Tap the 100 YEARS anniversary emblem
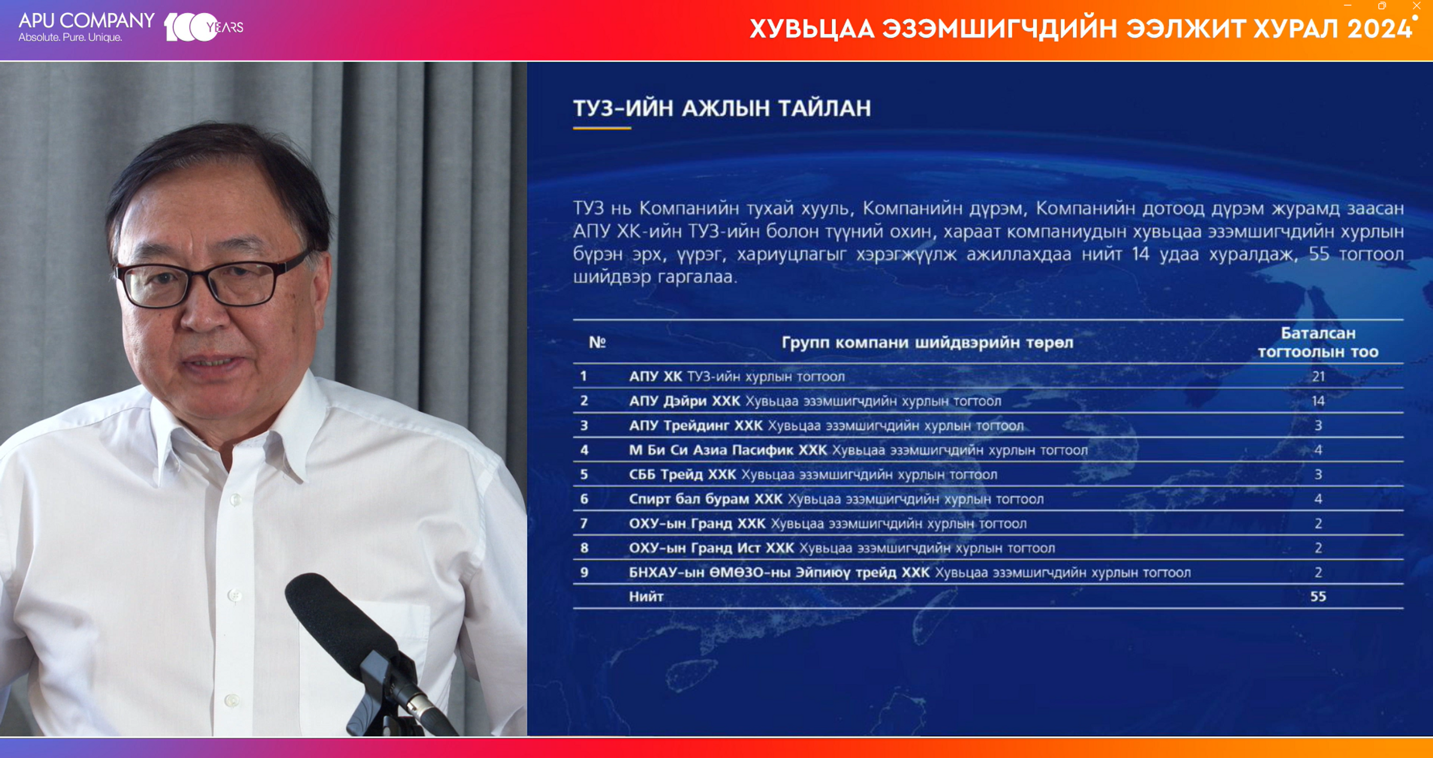click(x=203, y=27)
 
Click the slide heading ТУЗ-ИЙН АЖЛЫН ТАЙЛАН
click(x=722, y=108)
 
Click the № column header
click(x=597, y=342)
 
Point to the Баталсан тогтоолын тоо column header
click(x=1318, y=342)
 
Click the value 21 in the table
click(x=1318, y=376)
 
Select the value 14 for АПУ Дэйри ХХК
click(x=1318, y=401)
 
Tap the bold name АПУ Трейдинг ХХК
click(x=696, y=426)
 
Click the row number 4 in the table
click(x=584, y=450)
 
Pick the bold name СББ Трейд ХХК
click(x=683, y=475)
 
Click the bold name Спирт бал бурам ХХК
click(x=706, y=499)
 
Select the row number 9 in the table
click(x=584, y=572)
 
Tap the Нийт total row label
click(x=646, y=597)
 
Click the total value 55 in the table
click(x=1318, y=597)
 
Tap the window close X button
click(x=1416, y=6)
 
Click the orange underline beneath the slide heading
click(x=602, y=128)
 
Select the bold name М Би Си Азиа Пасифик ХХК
click(x=728, y=450)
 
